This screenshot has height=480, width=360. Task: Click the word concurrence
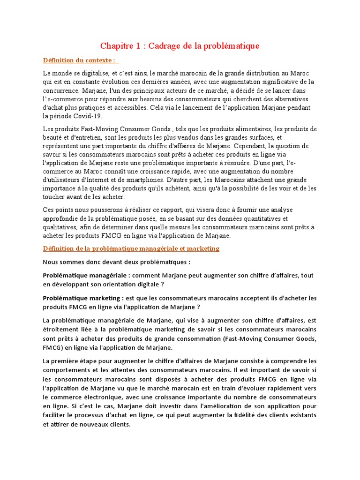coord(59,90)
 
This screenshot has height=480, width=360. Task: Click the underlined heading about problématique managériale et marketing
coord(131,248)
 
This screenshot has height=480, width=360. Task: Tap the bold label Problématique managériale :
coord(86,276)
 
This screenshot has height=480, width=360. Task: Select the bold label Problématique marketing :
coord(83,298)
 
